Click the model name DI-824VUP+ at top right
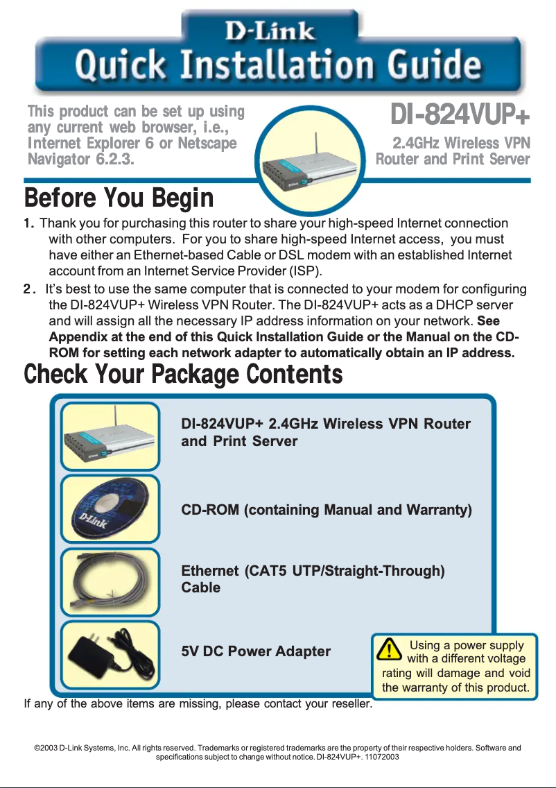pos(460,114)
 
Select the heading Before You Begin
pos(119,198)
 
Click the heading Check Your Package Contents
pos(183,375)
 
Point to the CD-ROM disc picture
pos(110,509)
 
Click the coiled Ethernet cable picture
pos(110,581)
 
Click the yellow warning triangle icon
pos(392,650)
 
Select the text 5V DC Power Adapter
pos(255,651)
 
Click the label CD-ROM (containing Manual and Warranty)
pos(326,511)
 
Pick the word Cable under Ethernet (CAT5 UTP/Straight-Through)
pos(200,588)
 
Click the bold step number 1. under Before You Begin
pos(29,223)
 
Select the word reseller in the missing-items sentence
pos(351,705)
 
